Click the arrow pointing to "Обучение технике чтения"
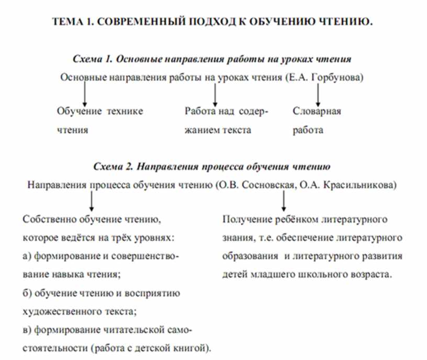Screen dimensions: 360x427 84,95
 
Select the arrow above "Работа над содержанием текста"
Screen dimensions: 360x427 215,95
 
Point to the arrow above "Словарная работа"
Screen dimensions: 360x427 318,95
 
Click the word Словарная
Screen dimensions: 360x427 317,111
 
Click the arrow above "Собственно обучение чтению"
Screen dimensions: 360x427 92,201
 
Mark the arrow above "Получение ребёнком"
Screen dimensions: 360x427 283,201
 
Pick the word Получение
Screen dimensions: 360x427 243,218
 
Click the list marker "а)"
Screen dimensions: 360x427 28,256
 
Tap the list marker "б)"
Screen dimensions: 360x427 28,293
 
